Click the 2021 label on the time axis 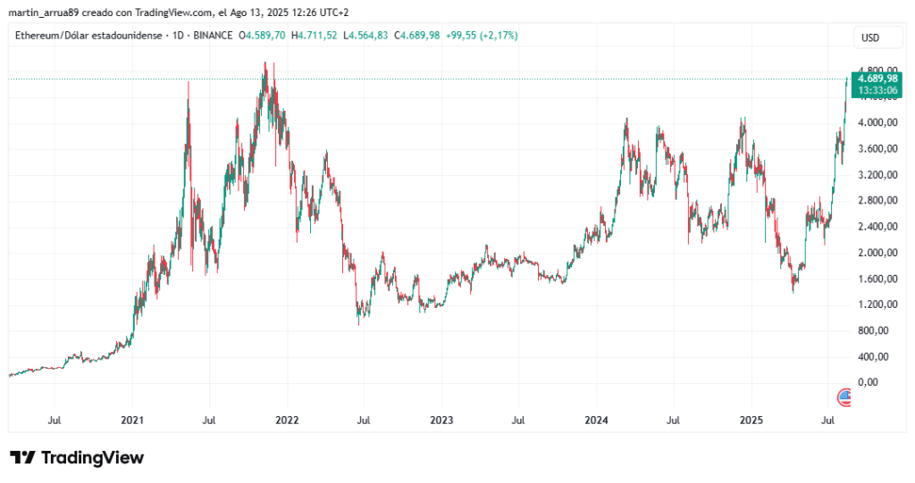(x=132, y=420)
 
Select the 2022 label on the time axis (x=287, y=420)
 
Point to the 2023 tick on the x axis (x=441, y=420)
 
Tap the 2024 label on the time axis (x=596, y=420)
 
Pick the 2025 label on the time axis (x=751, y=420)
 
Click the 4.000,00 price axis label (x=877, y=123)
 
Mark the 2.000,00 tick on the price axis (x=877, y=253)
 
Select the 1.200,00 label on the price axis (x=877, y=304)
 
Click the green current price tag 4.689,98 (x=876, y=79)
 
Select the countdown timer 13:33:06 (x=876, y=91)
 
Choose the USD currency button (x=869, y=38)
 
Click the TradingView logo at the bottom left (x=77, y=457)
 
